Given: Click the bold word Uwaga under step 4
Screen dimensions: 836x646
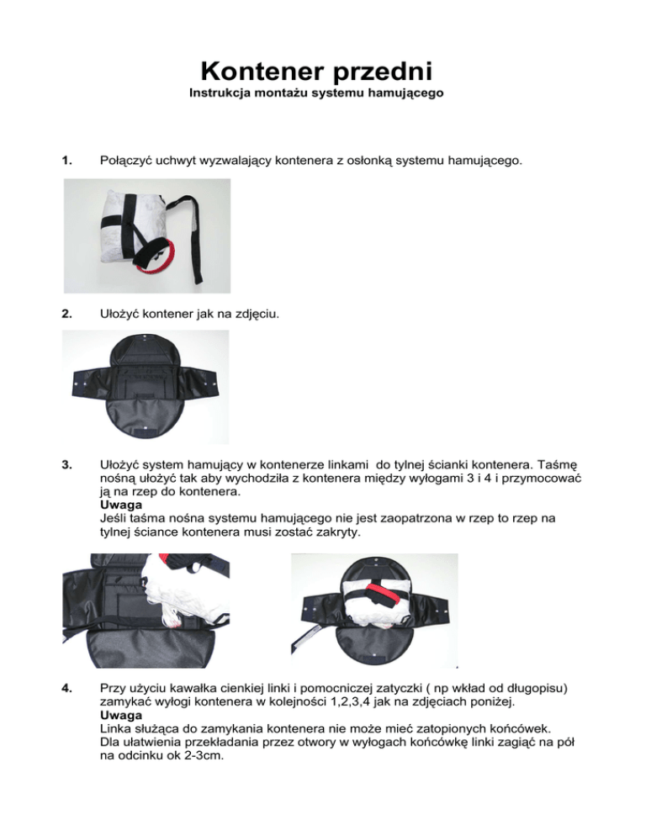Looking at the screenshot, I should click(119, 718).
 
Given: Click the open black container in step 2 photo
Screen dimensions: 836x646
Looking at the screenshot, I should click(146, 383).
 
